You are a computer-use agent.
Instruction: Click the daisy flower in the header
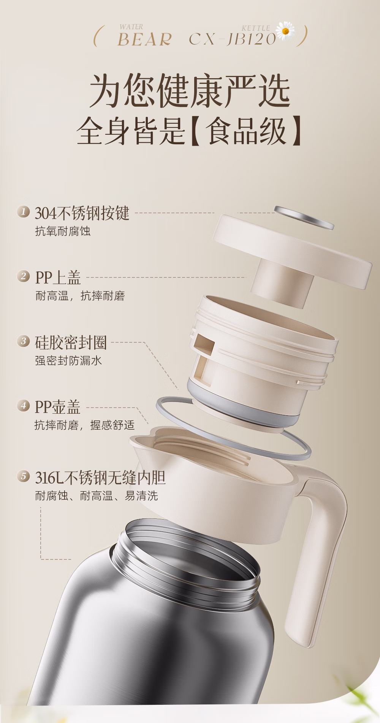pos(285,31)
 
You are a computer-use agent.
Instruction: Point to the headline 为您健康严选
pos(190,91)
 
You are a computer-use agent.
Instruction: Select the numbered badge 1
pos(24,211)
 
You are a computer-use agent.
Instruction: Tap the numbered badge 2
pos(24,276)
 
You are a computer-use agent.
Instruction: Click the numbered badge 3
pos(24,340)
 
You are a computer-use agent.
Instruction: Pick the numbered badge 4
pos(24,405)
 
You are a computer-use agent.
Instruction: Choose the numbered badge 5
pos(24,476)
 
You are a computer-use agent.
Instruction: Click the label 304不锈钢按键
pos(82,213)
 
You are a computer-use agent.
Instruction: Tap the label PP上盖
pos(58,277)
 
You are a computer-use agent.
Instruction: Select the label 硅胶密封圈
pos(71,342)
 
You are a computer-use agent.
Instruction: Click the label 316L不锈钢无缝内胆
pos(100,477)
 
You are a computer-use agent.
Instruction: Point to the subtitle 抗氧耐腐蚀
pos(63,231)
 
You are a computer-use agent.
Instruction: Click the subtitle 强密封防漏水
pos(68,361)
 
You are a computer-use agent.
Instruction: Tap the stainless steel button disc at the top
pos(304,218)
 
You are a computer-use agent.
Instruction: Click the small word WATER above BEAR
pos(131,27)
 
